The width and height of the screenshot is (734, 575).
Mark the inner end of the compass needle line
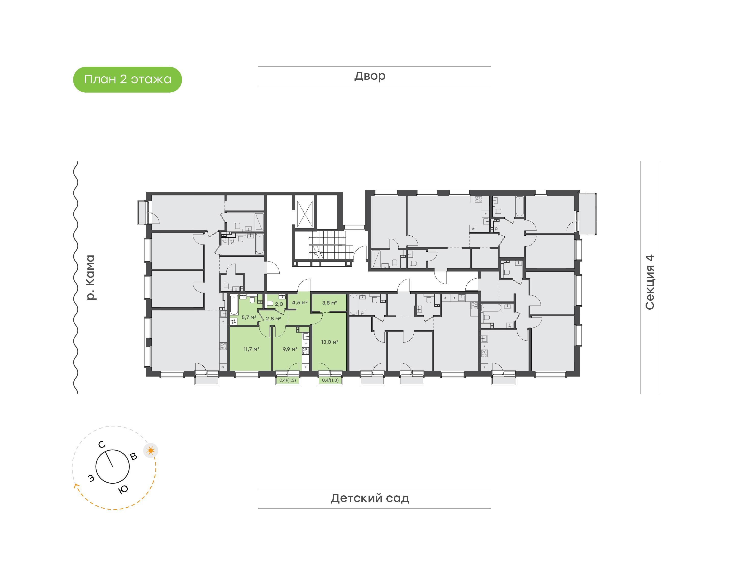[112, 467]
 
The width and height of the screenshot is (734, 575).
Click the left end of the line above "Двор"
[258, 67]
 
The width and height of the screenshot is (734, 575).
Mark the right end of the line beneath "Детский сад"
[491, 508]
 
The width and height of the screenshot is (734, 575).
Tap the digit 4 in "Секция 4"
[650, 258]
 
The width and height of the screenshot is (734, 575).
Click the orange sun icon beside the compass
[151, 450]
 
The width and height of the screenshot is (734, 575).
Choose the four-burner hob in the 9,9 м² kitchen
[306, 351]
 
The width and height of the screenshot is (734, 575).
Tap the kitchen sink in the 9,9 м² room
[306, 336]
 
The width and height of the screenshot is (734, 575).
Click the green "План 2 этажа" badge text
[128, 79]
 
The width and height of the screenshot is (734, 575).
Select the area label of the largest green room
[329, 342]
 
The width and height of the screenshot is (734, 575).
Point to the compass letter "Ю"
[123, 490]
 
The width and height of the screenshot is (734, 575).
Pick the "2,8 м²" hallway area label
[273, 319]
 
